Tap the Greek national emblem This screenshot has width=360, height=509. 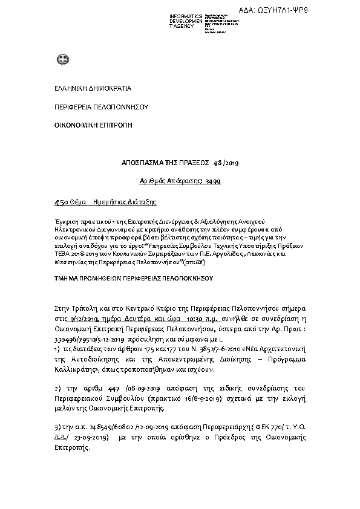pyautogui.click(x=62, y=60)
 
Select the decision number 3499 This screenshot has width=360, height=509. pyautogui.click(x=213, y=181)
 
